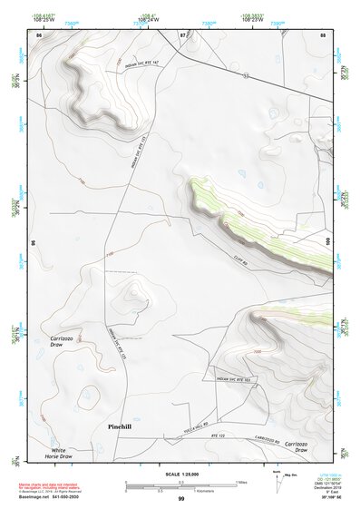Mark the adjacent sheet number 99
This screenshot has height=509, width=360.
[x=180, y=499]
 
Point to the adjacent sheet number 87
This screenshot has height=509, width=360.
[x=182, y=34]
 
